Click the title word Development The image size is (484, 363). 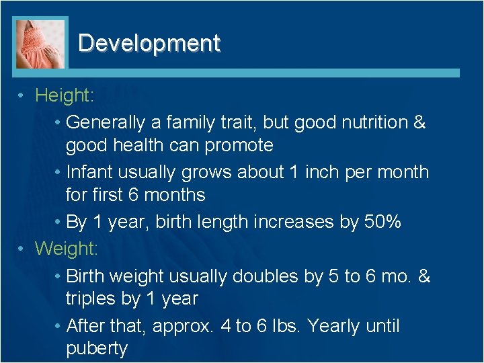point(149,43)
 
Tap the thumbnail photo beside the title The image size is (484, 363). point(41,43)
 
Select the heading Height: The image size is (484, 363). point(65,96)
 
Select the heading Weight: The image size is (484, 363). point(67,249)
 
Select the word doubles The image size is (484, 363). point(268,276)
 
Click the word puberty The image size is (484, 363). point(97,349)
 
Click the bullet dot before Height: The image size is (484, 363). point(22,96)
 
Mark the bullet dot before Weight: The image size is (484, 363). point(22,249)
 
